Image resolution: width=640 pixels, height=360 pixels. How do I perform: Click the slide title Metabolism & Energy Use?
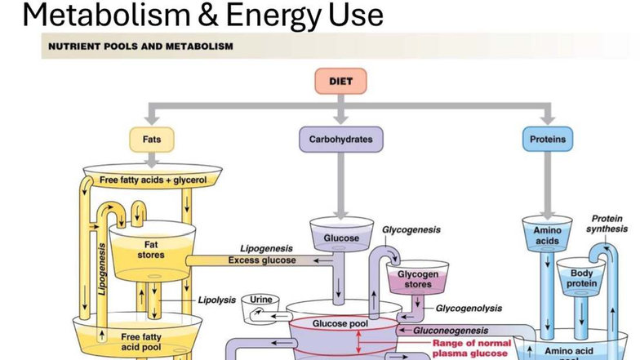point(202,16)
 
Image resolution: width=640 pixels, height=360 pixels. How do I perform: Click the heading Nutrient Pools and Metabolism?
point(140,47)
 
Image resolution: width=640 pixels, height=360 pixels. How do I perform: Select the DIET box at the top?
point(340,82)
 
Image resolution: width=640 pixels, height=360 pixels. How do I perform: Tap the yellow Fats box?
point(152,140)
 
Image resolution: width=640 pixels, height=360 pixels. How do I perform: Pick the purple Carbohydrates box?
point(340,140)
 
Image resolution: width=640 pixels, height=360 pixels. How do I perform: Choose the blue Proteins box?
point(547,140)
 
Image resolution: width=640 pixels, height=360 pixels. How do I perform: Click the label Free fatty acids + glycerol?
point(153,180)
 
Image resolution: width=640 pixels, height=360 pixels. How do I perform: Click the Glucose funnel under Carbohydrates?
point(340,238)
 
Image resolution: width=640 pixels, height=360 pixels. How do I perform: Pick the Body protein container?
point(582,278)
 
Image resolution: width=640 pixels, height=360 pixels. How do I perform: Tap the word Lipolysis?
point(216,300)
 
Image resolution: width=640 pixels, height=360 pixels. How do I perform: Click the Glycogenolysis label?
point(469,309)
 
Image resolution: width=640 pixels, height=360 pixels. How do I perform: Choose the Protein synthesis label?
point(607,224)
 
